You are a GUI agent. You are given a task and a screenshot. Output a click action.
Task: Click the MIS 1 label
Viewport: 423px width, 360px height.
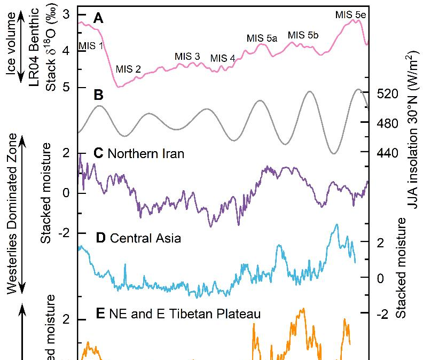point(91,45)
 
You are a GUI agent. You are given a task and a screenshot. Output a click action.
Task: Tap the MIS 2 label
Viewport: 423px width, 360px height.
point(128,69)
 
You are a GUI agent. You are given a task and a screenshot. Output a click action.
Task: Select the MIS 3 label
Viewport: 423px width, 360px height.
point(187,57)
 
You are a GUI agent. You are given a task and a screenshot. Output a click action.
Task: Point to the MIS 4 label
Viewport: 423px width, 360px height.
point(222,58)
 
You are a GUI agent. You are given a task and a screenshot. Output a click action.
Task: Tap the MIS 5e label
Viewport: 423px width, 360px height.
point(350,14)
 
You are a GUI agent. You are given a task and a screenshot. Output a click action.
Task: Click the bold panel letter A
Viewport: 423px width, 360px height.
point(98,19)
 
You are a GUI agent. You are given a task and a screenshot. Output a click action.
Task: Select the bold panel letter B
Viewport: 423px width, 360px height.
point(98,96)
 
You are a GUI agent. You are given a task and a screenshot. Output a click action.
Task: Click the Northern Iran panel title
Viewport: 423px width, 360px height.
point(139,154)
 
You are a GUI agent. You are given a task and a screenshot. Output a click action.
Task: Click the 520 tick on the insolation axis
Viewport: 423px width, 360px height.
point(388,94)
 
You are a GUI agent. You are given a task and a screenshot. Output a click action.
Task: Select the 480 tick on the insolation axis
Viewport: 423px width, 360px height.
point(388,123)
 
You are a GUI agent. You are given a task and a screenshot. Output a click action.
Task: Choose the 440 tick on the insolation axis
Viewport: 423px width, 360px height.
point(388,153)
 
